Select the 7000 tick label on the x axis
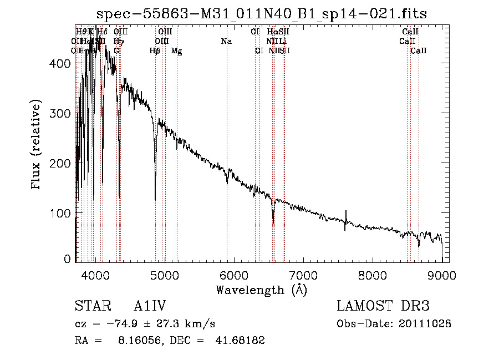point(303,274)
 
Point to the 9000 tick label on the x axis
point(442,274)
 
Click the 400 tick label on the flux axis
point(62,64)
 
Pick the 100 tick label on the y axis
point(62,214)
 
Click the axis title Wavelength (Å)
point(261,289)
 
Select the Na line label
point(226,42)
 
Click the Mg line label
point(176,51)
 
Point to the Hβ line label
point(155,51)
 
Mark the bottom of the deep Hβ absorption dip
point(155,199)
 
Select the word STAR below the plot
point(88,306)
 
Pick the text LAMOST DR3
point(383,306)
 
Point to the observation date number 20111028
point(427,323)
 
